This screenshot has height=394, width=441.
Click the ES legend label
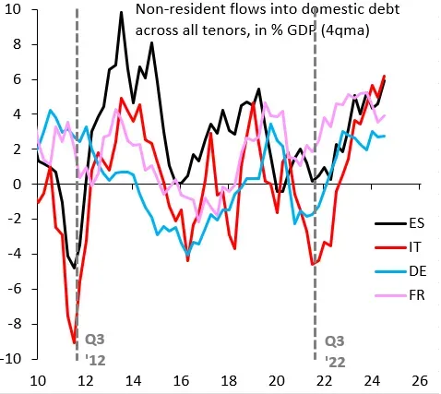click(x=417, y=222)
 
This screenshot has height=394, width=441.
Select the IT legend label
click(x=415, y=246)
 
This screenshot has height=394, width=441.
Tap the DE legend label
click(x=418, y=271)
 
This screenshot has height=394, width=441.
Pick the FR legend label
click(x=417, y=295)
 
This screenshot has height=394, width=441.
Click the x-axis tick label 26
click(x=419, y=381)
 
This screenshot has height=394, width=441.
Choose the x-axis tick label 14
click(x=133, y=381)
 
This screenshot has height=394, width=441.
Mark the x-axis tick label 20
click(x=276, y=381)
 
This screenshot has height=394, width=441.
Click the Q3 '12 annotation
click(x=95, y=350)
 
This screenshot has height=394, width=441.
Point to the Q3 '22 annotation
click(x=335, y=352)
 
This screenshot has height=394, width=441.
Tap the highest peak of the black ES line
click(x=121, y=12)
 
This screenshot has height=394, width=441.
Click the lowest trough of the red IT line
click(x=74, y=342)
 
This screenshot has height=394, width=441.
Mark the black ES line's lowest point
click(x=74, y=269)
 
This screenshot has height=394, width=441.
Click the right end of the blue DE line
click(x=385, y=136)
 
